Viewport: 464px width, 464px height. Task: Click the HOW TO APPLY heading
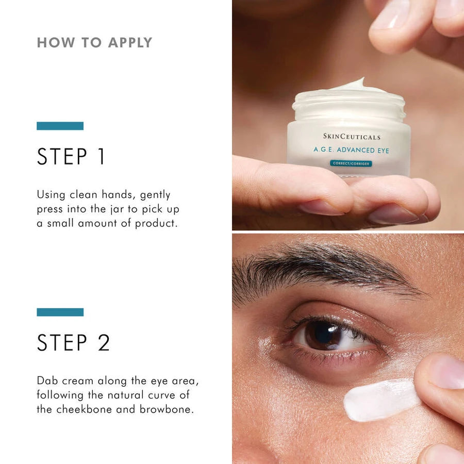[x=94, y=43]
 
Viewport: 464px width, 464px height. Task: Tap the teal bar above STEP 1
[x=60, y=126]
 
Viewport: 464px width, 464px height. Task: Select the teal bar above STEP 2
[x=60, y=312]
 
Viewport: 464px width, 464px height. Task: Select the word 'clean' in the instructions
[x=87, y=195]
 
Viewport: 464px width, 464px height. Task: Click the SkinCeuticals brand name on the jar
[x=352, y=137]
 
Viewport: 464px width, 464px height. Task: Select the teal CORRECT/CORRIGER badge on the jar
[x=351, y=163]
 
